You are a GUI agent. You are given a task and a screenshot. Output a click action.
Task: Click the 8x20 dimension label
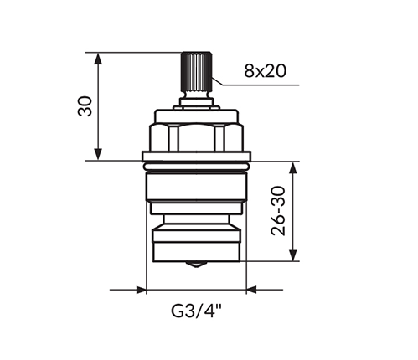click(x=265, y=71)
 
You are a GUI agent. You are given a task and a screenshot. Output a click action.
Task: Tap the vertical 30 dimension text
click(x=85, y=106)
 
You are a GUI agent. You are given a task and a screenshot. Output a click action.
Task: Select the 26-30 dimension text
click(x=278, y=211)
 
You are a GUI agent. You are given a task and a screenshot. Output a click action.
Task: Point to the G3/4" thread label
click(x=196, y=311)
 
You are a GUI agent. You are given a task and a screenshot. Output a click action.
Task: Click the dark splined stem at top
click(x=197, y=72)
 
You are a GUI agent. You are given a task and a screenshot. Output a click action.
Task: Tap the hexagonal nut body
click(x=196, y=137)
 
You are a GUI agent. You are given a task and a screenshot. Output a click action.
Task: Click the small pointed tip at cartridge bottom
click(x=197, y=264)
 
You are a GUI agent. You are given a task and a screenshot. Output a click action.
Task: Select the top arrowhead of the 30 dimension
click(x=98, y=59)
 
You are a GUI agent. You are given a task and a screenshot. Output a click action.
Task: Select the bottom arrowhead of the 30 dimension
click(x=98, y=154)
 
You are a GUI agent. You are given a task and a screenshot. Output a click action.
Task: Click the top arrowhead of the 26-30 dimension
click(x=293, y=168)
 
